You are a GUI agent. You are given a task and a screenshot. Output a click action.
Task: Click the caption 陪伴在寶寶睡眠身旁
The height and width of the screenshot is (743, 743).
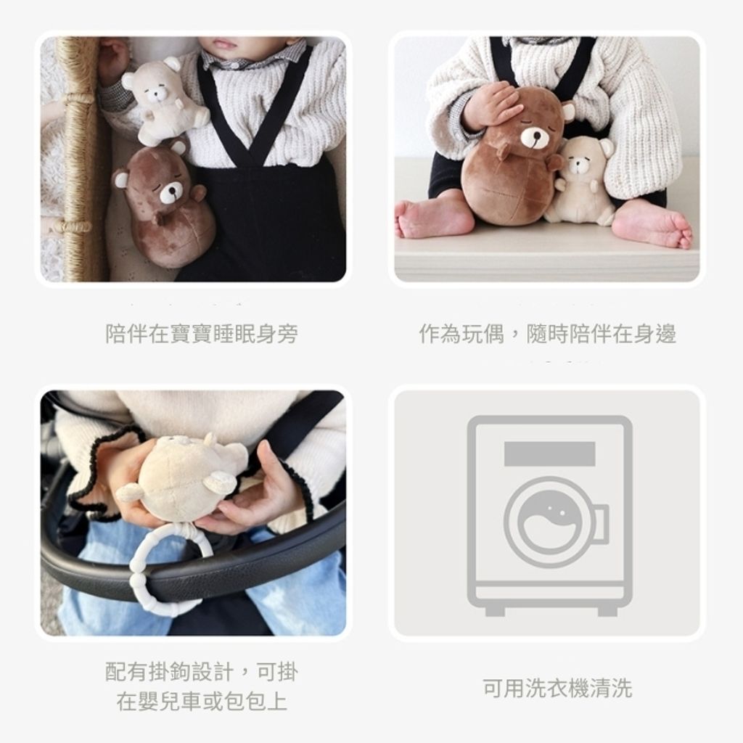click(x=202, y=334)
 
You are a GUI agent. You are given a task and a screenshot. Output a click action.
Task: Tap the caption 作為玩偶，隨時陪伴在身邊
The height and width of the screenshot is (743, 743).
click(x=547, y=334)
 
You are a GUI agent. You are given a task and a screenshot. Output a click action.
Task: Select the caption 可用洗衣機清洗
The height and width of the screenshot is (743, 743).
click(x=557, y=688)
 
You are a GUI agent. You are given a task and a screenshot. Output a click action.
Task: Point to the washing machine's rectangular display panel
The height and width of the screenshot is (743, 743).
click(x=550, y=453)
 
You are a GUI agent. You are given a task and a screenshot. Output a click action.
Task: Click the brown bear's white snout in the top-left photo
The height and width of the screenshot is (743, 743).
click(x=171, y=192)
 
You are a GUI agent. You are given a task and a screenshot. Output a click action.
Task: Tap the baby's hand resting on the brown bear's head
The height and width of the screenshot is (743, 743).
click(x=490, y=106)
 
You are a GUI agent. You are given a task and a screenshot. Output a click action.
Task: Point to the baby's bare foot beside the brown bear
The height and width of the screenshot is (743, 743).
click(x=434, y=218)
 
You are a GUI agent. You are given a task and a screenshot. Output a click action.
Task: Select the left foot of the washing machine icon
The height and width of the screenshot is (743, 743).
click(x=495, y=611)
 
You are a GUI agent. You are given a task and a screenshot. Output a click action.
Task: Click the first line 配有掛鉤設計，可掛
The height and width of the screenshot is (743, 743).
click(x=202, y=671)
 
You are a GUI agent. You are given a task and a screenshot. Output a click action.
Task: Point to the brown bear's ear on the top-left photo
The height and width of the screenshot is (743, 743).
click(x=120, y=178)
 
